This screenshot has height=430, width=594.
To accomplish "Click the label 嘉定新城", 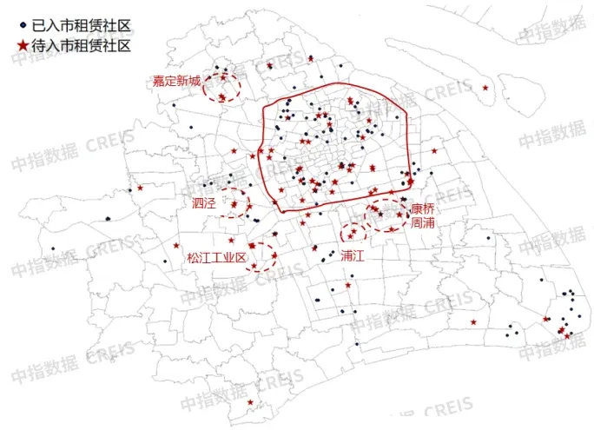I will pos(176,82).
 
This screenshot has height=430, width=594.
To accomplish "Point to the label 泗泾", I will pos(204,203).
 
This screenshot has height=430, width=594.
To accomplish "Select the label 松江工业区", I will pos(217,258).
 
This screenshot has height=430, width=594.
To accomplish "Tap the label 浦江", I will pos(353,256).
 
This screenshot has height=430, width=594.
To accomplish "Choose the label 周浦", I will pos(423,223).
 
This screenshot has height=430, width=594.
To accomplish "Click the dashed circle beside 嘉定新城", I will pos(221,87).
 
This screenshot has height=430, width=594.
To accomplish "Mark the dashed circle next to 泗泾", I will pos(233,202).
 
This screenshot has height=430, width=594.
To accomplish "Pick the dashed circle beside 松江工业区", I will pos(260,257).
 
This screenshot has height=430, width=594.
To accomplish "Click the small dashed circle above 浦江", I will pos(353,232).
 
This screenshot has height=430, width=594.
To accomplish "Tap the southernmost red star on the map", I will pos(251,402).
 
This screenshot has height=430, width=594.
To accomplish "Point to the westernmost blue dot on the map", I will pos(53,250).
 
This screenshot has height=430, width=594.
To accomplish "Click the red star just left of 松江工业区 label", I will pos(178,245).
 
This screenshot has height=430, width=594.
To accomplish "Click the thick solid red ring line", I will pos(339,84).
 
